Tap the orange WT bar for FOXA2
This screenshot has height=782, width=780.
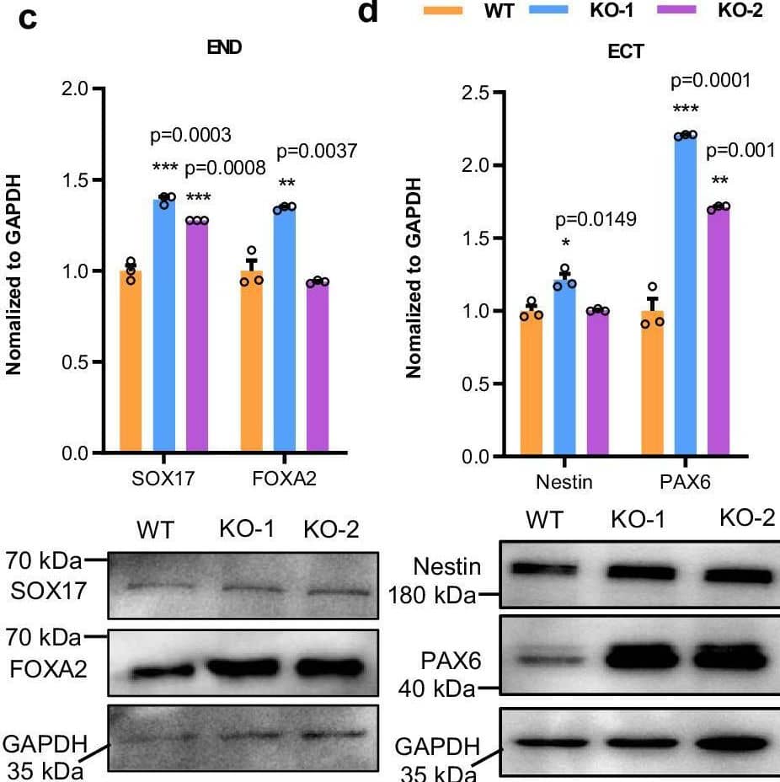(x=252, y=362)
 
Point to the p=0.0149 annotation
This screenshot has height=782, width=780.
(x=596, y=220)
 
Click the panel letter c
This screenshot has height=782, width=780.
(x=28, y=19)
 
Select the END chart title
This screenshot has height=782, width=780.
(x=225, y=48)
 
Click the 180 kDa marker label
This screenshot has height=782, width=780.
(x=430, y=597)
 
